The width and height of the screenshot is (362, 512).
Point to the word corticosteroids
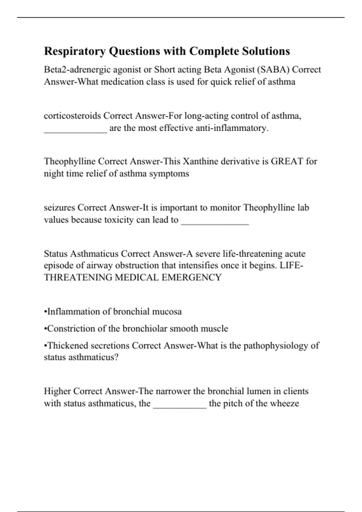(x=72, y=116)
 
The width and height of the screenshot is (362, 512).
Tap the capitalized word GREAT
(x=287, y=161)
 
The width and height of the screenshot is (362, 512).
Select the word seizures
(x=59, y=208)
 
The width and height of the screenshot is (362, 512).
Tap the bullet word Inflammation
(x=73, y=311)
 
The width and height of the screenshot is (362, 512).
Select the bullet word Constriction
(x=71, y=328)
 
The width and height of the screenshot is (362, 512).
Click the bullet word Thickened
(x=68, y=345)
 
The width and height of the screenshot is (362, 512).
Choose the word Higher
(x=57, y=391)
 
